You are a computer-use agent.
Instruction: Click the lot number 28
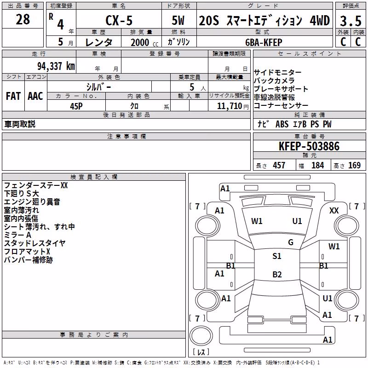[x=23, y=19]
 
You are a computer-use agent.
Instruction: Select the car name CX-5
[x=119, y=20]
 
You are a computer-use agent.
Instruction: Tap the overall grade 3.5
[x=351, y=21]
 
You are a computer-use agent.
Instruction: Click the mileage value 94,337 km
[x=56, y=66]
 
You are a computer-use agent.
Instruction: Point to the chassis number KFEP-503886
[x=309, y=146]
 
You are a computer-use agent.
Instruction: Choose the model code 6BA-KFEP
[x=264, y=42]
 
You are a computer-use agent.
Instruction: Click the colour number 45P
[x=76, y=106]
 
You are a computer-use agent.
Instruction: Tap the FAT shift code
[x=13, y=96]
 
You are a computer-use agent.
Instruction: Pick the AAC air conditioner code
[x=35, y=96]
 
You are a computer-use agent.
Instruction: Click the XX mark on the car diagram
[x=334, y=211]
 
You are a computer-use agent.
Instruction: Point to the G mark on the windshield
[x=291, y=242]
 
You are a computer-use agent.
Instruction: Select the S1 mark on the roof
[x=277, y=256]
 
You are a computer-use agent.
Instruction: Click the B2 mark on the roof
[x=277, y=274]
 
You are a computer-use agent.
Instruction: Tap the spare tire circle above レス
[x=201, y=336]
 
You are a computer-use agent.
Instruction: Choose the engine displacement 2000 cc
[x=144, y=42]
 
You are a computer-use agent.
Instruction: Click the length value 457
[x=279, y=165]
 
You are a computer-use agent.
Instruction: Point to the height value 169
[x=354, y=165]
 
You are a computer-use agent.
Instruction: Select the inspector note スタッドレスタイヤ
[x=35, y=243]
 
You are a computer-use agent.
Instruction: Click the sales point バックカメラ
[x=274, y=80]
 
